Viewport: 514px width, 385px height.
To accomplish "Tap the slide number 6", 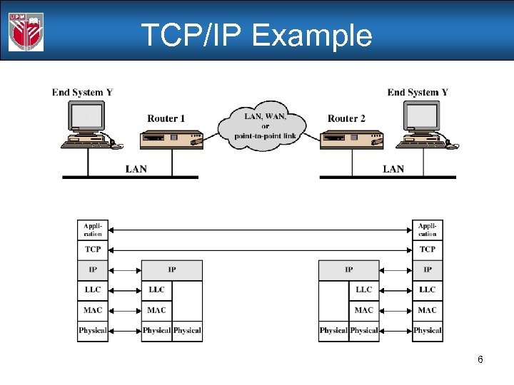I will [x=480, y=359].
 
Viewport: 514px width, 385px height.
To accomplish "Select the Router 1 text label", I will [x=166, y=118].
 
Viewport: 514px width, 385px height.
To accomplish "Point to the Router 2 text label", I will [x=346, y=118].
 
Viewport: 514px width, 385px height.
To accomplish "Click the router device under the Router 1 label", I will [x=171, y=139].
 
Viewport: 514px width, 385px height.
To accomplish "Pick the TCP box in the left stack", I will [x=93, y=250].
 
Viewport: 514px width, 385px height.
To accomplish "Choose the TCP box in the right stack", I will [x=428, y=250].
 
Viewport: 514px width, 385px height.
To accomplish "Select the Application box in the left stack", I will [x=93, y=230].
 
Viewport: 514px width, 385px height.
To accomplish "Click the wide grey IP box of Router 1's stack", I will [x=171, y=270].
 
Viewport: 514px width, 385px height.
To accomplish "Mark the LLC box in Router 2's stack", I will [x=364, y=290].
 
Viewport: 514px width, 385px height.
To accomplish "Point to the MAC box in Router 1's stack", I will [x=156, y=311].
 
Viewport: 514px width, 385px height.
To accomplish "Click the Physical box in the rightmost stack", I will [x=428, y=331].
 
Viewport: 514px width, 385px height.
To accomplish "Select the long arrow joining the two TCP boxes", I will [x=260, y=250].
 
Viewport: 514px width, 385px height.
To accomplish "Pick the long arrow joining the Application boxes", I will [x=260, y=230].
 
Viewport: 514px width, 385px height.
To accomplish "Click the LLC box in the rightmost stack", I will [x=428, y=290].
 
